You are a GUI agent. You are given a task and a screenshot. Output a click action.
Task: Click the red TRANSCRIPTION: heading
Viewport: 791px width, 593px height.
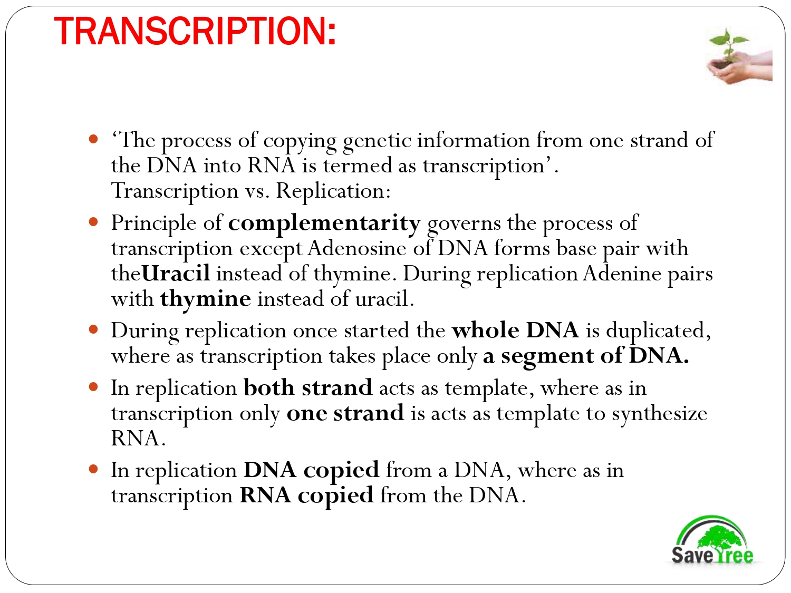pyautogui.click(x=195, y=32)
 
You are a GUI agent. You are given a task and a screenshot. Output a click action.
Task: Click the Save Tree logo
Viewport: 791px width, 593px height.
pyautogui.click(x=712, y=541)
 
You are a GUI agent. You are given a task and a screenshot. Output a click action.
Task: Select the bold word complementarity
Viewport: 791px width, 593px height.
pyautogui.click(x=324, y=223)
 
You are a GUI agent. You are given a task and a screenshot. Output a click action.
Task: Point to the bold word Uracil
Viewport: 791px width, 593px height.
pyautogui.click(x=176, y=274)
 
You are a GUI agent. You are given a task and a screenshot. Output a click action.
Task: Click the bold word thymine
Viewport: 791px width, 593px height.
pyautogui.click(x=206, y=299)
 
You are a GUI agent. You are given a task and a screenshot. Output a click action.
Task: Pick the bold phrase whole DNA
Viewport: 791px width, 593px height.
pyautogui.click(x=515, y=330)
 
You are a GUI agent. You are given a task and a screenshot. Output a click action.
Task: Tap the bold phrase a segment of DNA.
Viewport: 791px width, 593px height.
pyautogui.click(x=586, y=356)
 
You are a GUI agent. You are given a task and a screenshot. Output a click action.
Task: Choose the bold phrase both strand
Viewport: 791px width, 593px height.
pyautogui.click(x=308, y=388)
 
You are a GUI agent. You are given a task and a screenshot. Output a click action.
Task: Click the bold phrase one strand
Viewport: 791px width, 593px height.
pyautogui.click(x=345, y=413)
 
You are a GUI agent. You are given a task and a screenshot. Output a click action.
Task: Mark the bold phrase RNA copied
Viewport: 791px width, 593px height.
pyautogui.click(x=306, y=495)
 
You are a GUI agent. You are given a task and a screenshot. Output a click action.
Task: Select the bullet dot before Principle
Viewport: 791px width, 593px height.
pyautogui.click(x=94, y=222)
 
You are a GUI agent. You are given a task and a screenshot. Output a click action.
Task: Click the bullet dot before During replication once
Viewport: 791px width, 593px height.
pyautogui.click(x=94, y=330)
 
